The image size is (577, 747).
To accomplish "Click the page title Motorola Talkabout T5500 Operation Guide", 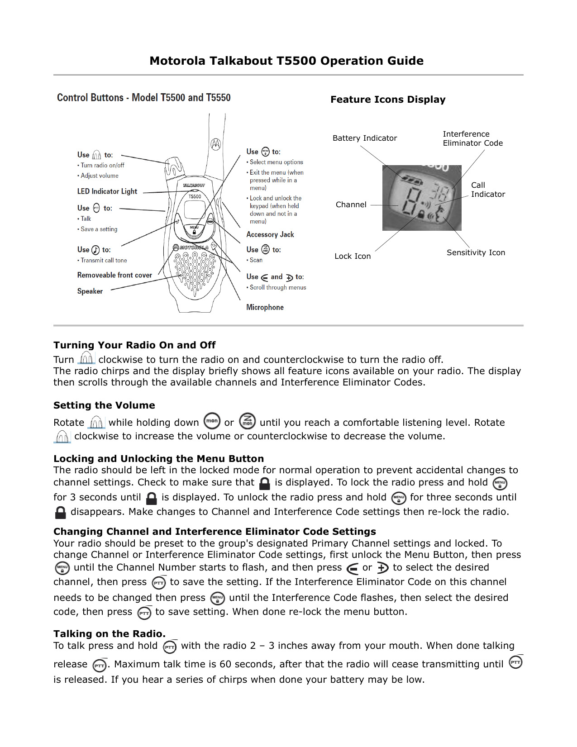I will pos(286,61).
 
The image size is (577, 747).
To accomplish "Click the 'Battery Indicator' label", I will pos(364,138).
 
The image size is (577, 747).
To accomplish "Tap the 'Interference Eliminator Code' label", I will pos(472,138).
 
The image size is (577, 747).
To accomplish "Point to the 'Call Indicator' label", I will pos(487,190).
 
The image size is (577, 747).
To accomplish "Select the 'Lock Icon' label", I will pos(353,256).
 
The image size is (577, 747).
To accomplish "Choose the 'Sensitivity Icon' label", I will pos(476,252).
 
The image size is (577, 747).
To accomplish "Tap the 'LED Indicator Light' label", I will pos(107,191).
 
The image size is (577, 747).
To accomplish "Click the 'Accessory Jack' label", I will pos(270,234).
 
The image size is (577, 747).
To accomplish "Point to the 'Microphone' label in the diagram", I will pos(265,307).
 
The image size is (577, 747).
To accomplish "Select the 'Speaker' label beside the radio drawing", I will pos(90,291).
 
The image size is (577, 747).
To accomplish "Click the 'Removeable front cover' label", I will pos(114,275).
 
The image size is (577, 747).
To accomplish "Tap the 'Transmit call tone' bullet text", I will pos(104,261).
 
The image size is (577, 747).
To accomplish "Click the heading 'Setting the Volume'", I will pos(104,405).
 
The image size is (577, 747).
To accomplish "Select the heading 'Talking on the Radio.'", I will pos(110,634).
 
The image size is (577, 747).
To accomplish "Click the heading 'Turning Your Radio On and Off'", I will pos(134,345).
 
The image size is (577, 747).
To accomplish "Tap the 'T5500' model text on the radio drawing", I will pos(195,196).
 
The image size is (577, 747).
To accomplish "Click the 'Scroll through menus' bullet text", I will pos(277,287).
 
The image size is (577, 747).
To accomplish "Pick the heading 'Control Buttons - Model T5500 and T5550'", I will pos(143,98).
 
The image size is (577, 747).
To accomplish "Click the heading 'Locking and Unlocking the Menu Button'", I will pos(158,459).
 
